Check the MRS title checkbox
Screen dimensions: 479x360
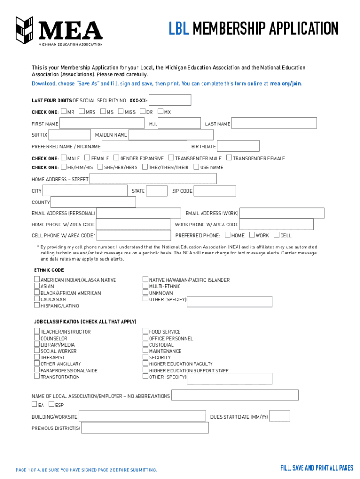click(82, 111)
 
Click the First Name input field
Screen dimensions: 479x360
click(102, 123)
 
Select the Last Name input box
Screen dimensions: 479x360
click(274, 123)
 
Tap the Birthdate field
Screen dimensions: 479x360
click(239, 146)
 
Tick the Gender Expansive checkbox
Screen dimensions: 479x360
click(116, 158)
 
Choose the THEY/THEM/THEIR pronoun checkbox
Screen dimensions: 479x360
click(144, 167)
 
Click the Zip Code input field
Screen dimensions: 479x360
click(215, 191)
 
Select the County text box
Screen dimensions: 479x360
click(93, 202)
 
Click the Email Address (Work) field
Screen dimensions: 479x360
click(282, 213)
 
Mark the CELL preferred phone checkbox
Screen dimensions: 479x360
click(276, 235)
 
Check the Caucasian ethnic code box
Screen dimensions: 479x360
click(36, 299)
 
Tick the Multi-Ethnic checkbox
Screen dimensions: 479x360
click(145, 286)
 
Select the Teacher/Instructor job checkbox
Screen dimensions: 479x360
click(36, 331)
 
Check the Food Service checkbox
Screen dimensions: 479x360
click(145, 331)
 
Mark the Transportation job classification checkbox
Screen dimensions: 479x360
click(36, 376)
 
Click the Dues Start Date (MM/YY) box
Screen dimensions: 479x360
click(280, 416)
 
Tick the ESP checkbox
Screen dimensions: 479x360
click(51, 404)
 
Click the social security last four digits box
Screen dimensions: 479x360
click(170, 100)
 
